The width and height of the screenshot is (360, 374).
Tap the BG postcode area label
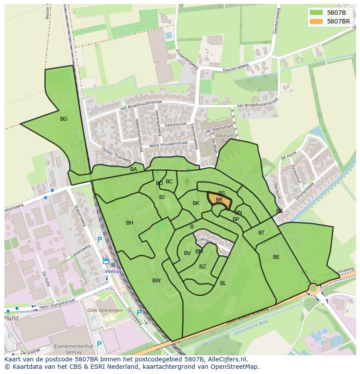click(x=64, y=119)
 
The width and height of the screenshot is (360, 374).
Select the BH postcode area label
click(x=130, y=223)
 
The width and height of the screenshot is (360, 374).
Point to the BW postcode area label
click(x=157, y=281)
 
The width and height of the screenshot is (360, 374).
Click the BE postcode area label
click(x=277, y=257)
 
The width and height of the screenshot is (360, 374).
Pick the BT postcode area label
click(x=261, y=233)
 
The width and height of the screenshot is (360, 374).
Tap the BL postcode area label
click(x=223, y=283)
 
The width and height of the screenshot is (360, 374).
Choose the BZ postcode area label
click(x=203, y=267)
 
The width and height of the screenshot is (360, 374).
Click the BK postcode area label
click(x=196, y=203)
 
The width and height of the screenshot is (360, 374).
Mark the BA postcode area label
click(x=133, y=169)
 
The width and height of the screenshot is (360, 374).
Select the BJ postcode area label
click(x=162, y=197)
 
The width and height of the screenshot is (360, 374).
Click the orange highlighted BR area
click(x=219, y=200)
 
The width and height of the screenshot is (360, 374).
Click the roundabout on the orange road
click(x=313, y=288)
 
